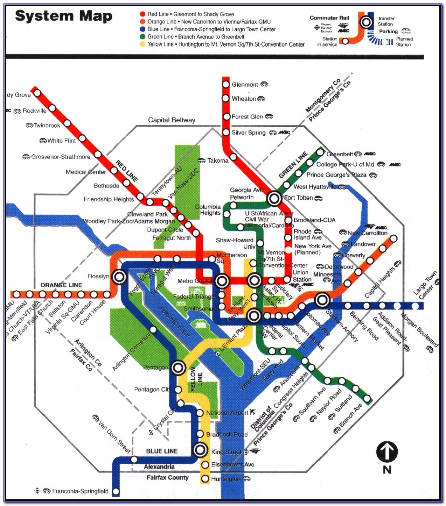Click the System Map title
(x=64, y=16)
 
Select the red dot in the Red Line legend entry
(x=142, y=14)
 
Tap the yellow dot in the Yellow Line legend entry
(x=142, y=44)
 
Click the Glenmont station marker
(x=226, y=84)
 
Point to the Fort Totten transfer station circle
(x=274, y=199)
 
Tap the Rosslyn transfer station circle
(x=119, y=277)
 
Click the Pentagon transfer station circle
(x=178, y=368)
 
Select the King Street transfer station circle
(x=201, y=450)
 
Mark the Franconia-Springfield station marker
(x=116, y=491)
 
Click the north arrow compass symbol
(x=387, y=452)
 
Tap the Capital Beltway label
(x=172, y=120)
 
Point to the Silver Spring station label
(x=249, y=133)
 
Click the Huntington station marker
(x=205, y=479)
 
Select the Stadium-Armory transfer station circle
(x=322, y=300)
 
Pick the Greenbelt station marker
(x=320, y=152)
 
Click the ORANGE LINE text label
(x=61, y=285)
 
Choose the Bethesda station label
(x=106, y=186)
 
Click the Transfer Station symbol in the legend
(x=366, y=23)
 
